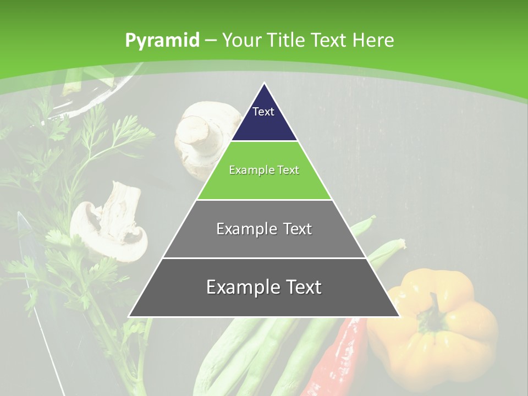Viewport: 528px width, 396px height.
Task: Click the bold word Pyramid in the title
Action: coord(162,41)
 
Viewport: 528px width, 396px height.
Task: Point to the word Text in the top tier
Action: coord(263,112)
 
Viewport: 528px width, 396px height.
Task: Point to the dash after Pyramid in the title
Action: coord(210,41)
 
